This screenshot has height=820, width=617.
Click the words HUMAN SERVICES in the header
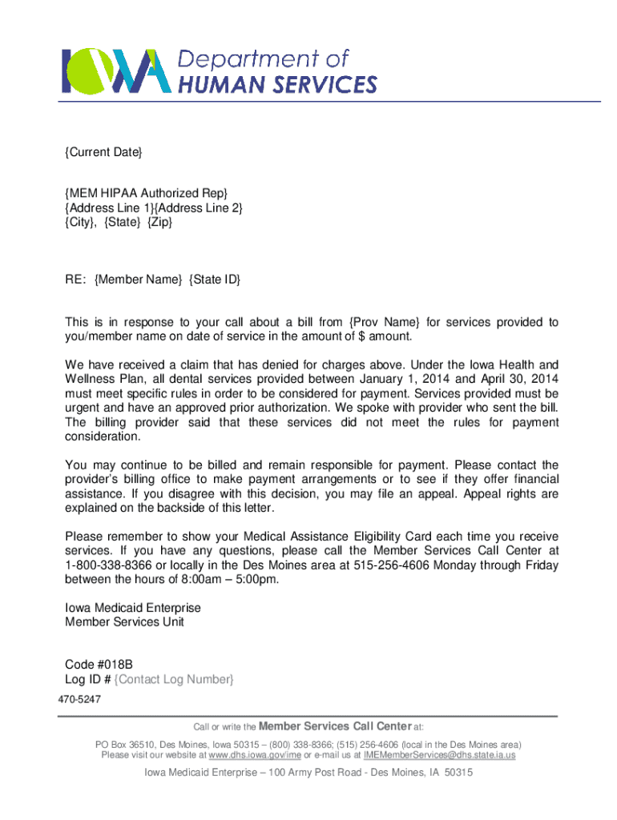(277, 84)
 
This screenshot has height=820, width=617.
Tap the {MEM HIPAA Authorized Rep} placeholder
(147, 193)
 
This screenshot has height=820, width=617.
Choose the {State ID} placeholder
(215, 279)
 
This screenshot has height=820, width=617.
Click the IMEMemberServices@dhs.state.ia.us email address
(439, 755)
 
